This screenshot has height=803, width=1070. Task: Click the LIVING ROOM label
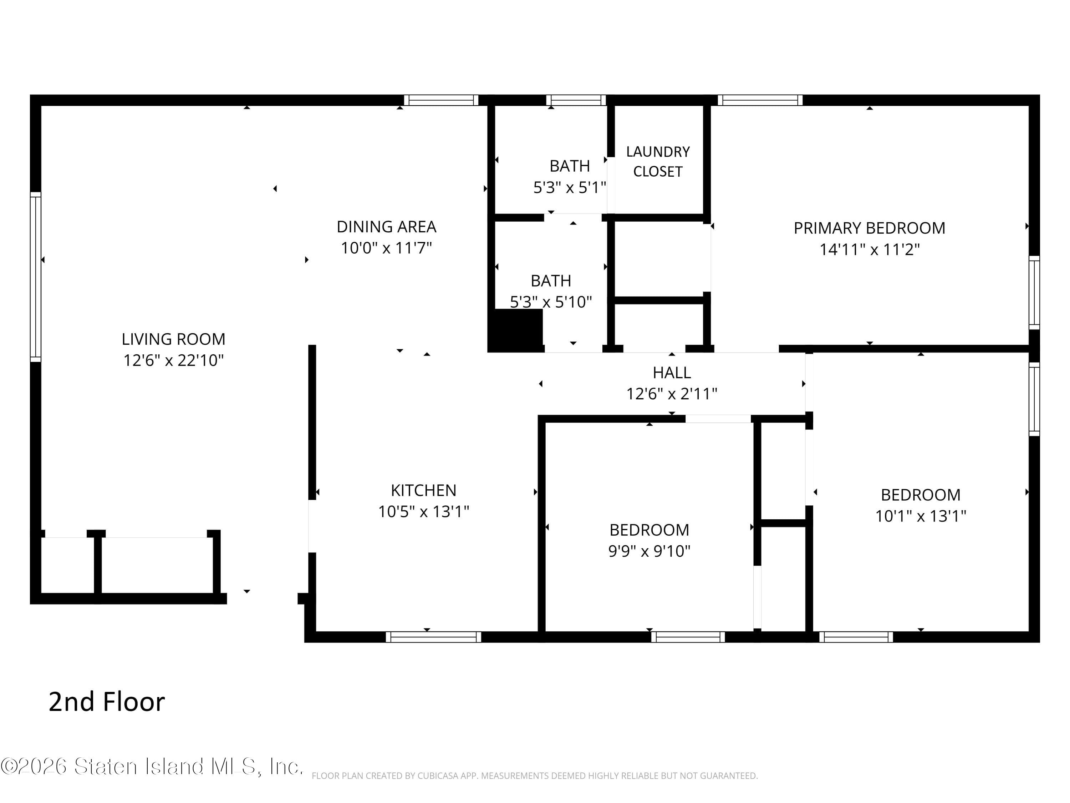(x=173, y=339)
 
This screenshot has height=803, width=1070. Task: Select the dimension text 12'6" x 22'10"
(x=173, y=360)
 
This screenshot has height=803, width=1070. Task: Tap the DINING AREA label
(x=386, y=227)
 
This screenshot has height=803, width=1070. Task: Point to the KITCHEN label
(x=423, y=490)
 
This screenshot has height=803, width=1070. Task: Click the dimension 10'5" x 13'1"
(x=423, y=512)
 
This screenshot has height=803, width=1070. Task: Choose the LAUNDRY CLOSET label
(x=657, y=162)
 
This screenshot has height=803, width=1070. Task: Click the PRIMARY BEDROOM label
(x=869, y=228)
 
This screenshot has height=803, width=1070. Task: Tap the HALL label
(x=671, y=373)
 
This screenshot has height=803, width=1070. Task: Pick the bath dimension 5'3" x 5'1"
(x=569, y=188)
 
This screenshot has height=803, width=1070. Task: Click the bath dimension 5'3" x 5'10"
(x=550, y=302)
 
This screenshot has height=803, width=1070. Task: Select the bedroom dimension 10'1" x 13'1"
(x=920, y=516)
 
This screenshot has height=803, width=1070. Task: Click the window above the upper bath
(x=576, y=100)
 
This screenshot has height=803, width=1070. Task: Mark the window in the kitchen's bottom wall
(x=433, y=637)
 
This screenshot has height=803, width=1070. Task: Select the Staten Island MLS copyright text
(x=152, y=766)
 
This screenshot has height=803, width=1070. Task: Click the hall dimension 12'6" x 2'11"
(x=671, y=394)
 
